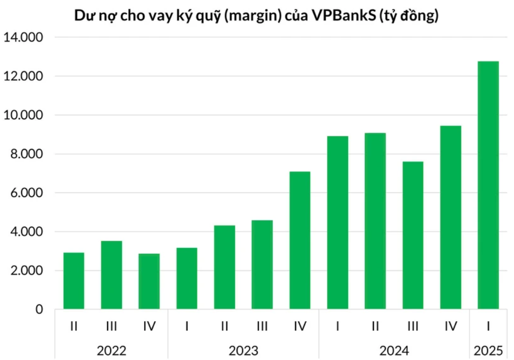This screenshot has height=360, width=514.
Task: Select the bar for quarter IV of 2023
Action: [x=300, y=241]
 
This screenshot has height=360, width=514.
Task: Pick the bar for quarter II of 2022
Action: [x=74, y=281]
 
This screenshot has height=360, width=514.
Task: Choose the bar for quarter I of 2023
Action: [x=187, y=279]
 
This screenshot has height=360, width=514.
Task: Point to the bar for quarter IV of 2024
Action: [x=450, y=218]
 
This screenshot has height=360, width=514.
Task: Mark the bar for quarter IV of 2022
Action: [x=149, y=281]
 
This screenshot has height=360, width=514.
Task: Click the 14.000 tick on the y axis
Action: [x=23, y=37]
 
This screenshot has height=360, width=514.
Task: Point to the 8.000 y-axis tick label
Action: [x=25, y=154]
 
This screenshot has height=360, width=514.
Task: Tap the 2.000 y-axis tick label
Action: [x=25, y=271]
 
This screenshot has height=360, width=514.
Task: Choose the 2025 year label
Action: [x=488, y=350]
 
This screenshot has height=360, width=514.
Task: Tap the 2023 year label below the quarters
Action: [x=243, y=350]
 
